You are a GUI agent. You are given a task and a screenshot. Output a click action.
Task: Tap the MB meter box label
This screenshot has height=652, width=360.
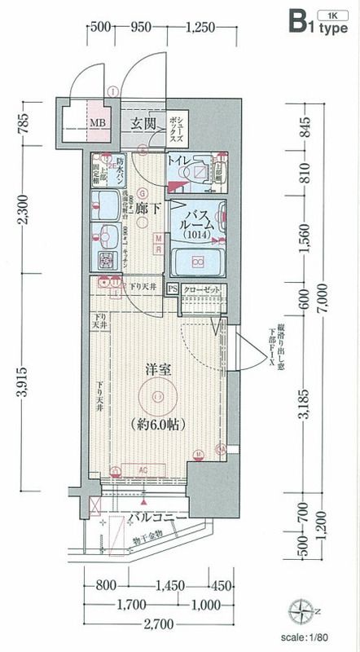[x=97, y=124]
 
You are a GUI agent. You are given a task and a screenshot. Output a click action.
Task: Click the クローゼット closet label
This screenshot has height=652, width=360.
[x=200, y=289]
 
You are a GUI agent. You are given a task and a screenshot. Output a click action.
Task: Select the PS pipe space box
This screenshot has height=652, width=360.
[x=173, y=289]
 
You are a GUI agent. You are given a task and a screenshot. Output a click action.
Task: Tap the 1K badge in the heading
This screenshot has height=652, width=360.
[x=331, y=16]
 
